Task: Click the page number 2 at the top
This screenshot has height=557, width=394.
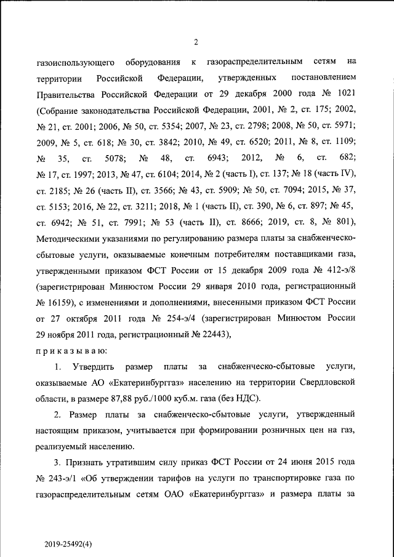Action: coord(196,42)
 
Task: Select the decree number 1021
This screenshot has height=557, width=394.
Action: coord(344,94)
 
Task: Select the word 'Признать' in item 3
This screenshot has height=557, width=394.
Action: coord(88,462)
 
